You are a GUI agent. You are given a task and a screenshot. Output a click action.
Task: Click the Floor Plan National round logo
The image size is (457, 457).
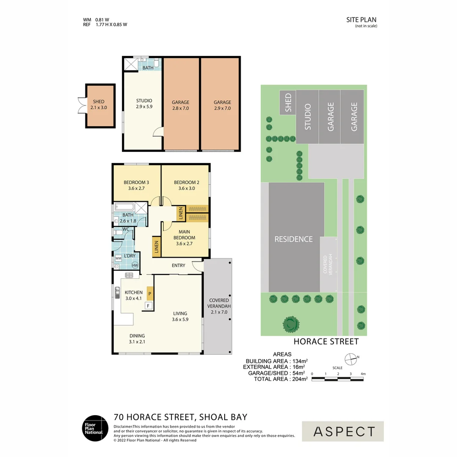pos(95,428)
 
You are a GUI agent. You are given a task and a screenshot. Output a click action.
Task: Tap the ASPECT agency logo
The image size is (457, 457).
pos(343,431)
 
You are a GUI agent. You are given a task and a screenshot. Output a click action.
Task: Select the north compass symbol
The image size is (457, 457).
pos(351,360)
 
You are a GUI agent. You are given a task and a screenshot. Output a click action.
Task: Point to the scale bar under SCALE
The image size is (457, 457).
pos(338,379)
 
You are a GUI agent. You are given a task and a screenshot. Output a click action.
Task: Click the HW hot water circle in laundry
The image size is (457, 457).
pos(135,265)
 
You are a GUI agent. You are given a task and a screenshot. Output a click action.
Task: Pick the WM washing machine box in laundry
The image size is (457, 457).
pos(118,258)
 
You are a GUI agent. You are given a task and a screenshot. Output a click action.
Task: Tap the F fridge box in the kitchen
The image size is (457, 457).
pos(149,306)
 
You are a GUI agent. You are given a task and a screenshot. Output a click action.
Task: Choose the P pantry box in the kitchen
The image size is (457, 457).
pos(150,294)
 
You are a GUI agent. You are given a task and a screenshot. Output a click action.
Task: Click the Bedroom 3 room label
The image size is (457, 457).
pos(136,182)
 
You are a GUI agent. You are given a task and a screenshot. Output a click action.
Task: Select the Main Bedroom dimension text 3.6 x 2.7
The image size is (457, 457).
pos(184,244)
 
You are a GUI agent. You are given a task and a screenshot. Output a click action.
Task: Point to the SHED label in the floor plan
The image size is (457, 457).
pos(99,102)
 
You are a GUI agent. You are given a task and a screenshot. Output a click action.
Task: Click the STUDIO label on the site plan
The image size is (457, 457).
pos(308,117)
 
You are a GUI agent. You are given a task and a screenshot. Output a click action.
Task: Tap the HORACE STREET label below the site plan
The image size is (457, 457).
pos(326,341)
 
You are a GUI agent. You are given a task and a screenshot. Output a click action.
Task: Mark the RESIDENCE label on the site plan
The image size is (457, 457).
pos(294,239)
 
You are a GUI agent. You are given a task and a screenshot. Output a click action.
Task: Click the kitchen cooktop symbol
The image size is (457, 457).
pos(129,275)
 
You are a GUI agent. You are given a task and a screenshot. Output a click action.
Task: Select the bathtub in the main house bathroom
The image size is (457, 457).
pos(124,207)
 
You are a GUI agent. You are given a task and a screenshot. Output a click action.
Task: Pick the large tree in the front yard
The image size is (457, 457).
pos(291,324)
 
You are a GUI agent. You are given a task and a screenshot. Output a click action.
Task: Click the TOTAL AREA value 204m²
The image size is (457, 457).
pos(300,379)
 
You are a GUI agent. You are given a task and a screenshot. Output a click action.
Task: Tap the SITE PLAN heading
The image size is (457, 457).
pos(361,20)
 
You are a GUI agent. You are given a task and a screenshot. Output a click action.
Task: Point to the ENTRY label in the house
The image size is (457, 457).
pos(179,265)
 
